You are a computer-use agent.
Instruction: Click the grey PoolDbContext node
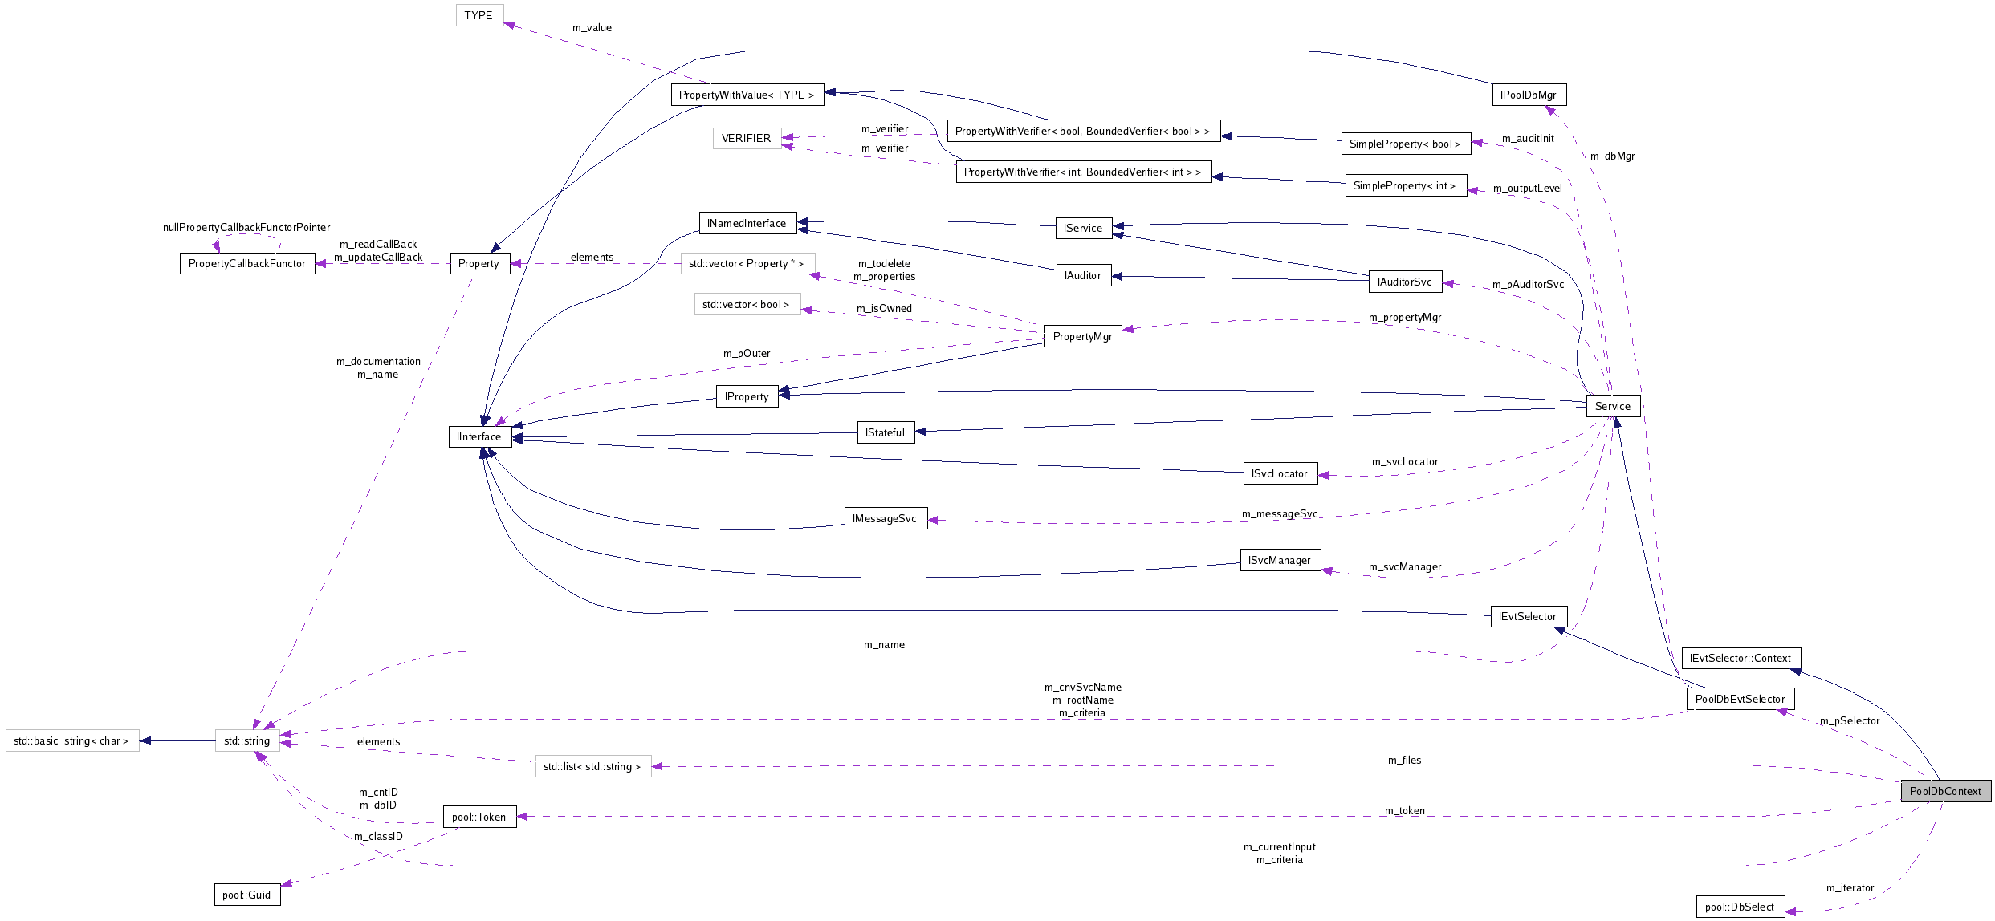pyautogui.click(x=1945, y=791)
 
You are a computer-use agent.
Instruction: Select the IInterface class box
pyautogui.click(x=479, y=436)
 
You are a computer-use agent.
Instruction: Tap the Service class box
pyautogui.click(x=1612, y=406)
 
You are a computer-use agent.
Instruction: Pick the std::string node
pyautogui.click(x=247, y=740)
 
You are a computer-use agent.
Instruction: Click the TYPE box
pyautogui.click(x=479, y=15)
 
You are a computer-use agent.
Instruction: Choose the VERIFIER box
pyautogui.click(x=746, y=138)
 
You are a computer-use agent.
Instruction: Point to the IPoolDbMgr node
pyautogui.click(x=1529, y=95)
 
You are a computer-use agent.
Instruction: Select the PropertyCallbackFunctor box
pyautogui.click(x=247, y=263)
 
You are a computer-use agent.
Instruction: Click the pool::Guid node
pyautogui.click(x=247, y=895)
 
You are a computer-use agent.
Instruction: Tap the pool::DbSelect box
pyautogui.click(x=1740, y=907)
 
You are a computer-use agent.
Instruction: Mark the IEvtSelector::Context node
pyautogui.click(x=1741, y=658)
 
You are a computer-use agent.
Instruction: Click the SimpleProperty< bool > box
pyautogui.click(x=1405, y=144)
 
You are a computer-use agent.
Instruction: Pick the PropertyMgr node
pyautogui.click(x=1082, y=336)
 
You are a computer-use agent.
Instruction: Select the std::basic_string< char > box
pyautogui.click(x=71, y=740)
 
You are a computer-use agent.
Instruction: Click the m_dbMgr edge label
pyautogui.click(x=1612, y=156)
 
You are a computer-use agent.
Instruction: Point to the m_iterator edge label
pyautogui.click(x=1850, y=887)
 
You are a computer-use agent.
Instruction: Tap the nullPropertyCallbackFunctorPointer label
pyautogui.click(x=246, y=227)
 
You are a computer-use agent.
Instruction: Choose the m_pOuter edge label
pyautogui.click(x=747, y=353)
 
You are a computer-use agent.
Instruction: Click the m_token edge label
pyautogui.click(x=1404, y=810)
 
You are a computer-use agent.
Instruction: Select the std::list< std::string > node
pyautogui.click(x=592, y=766)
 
